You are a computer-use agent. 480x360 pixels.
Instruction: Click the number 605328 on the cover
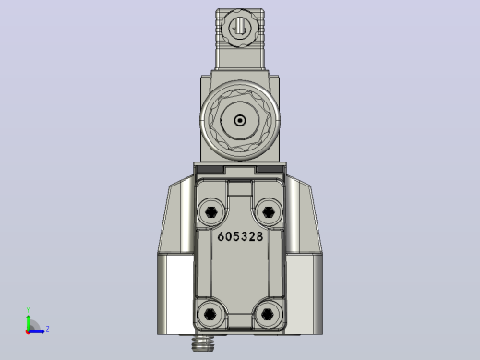(x=240, y=236)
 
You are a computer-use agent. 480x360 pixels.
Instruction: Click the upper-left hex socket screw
(x=211, y=211)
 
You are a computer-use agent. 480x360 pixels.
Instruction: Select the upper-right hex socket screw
(x=269, y=211)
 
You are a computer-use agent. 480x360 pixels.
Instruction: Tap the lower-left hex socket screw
(x=210, y=314)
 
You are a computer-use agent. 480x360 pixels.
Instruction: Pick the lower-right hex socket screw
(x=268, y=314)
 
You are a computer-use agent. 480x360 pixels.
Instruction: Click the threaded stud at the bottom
(x=203, y=343)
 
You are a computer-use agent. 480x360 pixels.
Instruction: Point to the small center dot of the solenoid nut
(x=240, y=120)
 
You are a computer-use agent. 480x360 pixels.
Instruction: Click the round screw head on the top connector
(x=240, y=29)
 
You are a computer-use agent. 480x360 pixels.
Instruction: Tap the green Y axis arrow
(x=28, y=322)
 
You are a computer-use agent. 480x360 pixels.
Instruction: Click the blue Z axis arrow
(x=36, y=331)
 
